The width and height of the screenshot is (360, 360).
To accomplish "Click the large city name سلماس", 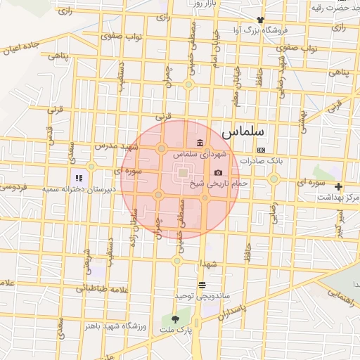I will click(x=242, y=131).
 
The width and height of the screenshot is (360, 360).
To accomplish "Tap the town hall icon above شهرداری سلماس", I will click(x=200, y=143).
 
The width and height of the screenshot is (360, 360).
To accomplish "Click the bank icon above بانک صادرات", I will click(x=261, y=150).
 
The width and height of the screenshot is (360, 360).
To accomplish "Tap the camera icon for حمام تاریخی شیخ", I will click(x=218, y=173).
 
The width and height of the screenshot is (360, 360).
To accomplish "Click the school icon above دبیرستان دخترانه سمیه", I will click(x=79, y=178).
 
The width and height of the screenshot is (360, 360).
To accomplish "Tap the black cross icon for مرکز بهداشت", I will click(x=339, y=186).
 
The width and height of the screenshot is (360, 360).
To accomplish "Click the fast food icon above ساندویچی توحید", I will click(x=202, y=285).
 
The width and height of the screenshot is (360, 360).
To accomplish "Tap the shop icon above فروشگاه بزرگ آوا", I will click(x=260, y=20).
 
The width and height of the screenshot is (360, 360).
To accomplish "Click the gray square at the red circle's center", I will click(x=182, y=173).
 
